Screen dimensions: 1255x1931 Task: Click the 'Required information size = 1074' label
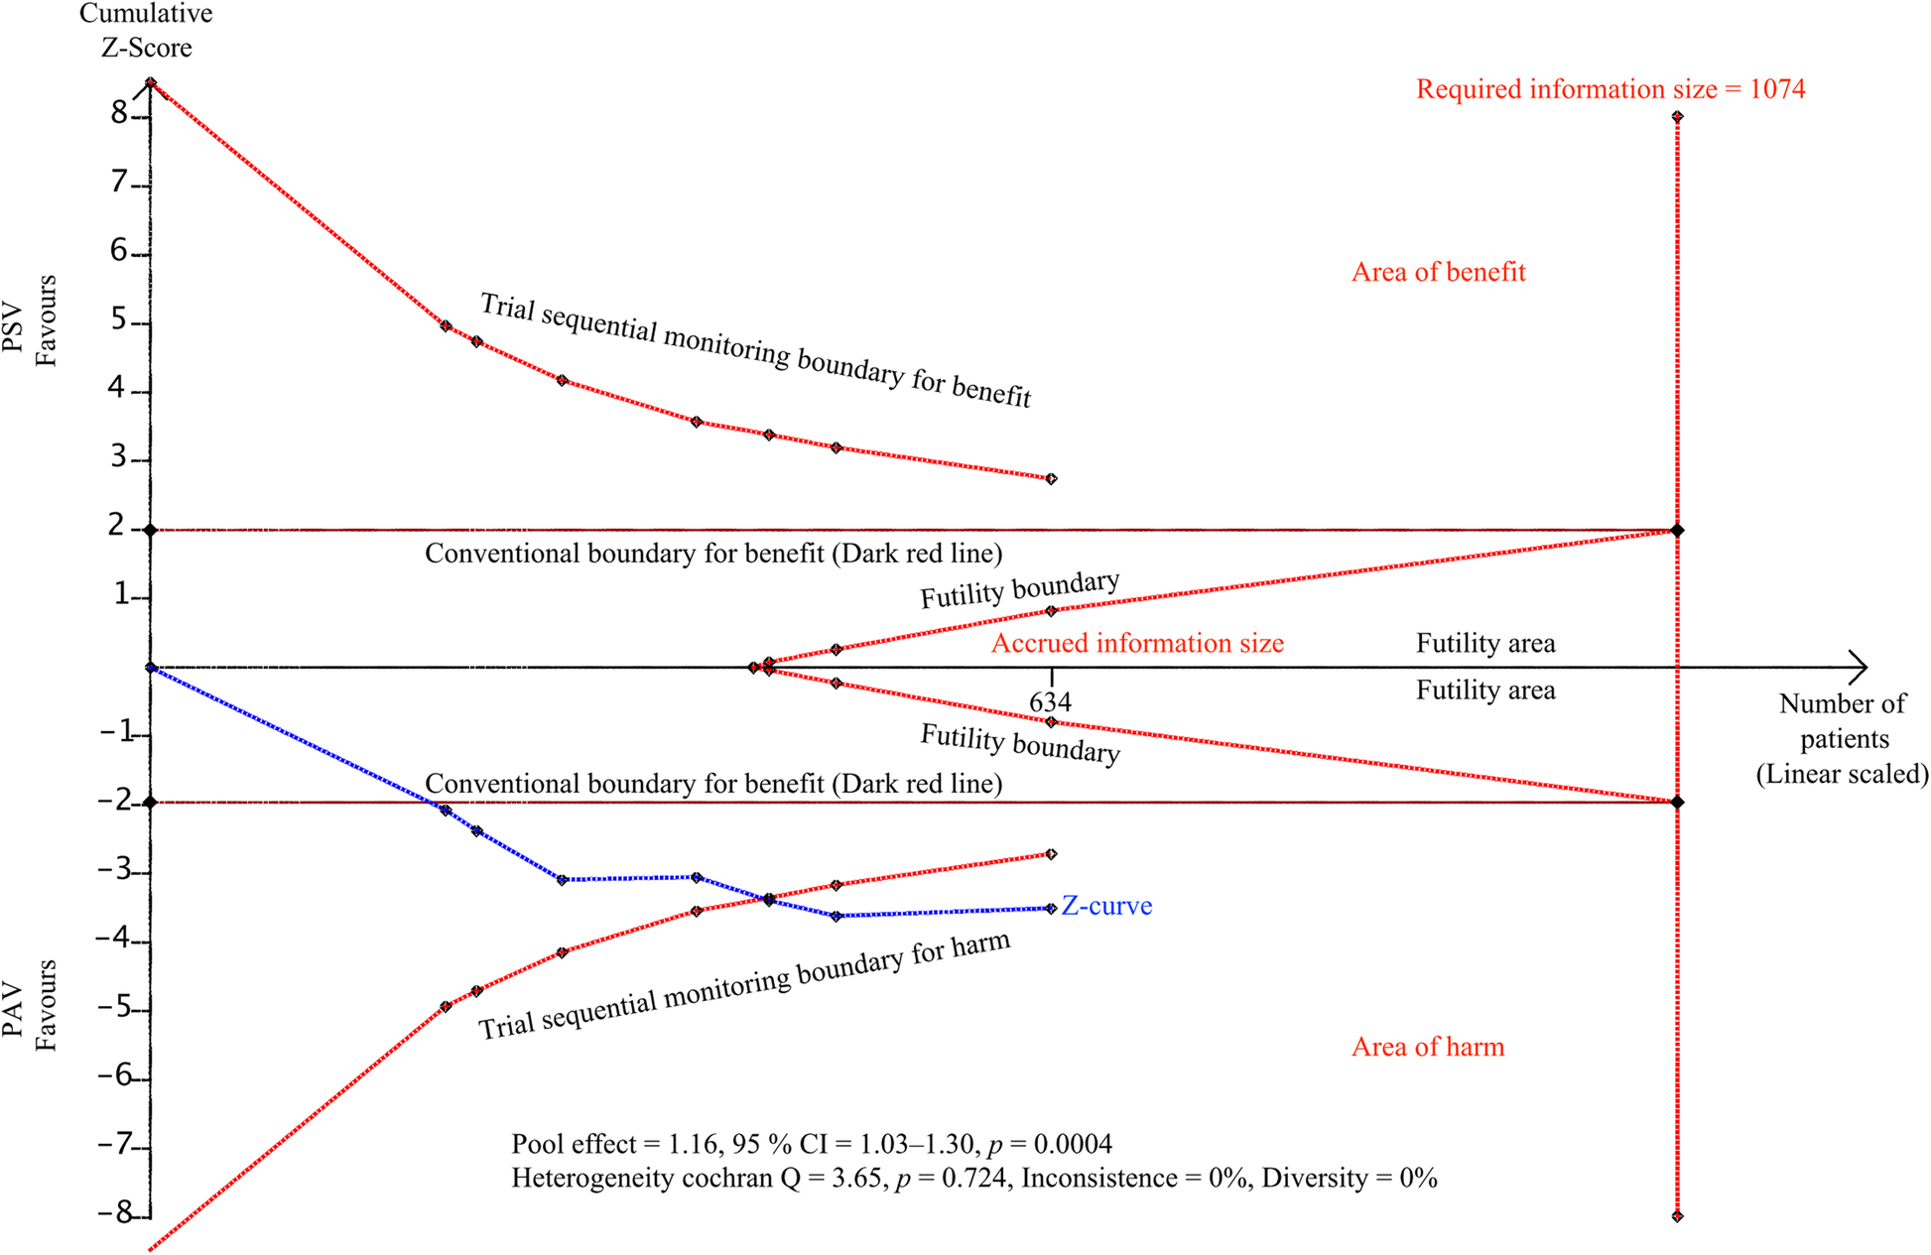(1609, 89)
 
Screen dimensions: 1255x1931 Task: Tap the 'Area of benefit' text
(1438, 272)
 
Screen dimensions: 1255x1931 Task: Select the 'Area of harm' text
(1427, 1047)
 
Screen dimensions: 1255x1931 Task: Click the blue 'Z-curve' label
(1106, 906)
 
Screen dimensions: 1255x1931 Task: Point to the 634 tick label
(1050, 702)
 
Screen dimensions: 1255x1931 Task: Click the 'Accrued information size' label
(1137, 643)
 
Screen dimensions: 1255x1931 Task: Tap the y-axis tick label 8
(120, 114)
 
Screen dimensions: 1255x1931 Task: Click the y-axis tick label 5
(120, 320)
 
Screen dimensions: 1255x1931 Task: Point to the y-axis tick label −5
(114, 1008)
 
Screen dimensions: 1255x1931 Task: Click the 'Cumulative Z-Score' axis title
(146, 31)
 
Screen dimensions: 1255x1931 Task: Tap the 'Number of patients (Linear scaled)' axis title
(1842, 739)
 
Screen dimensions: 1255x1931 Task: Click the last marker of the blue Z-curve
(1051, 909)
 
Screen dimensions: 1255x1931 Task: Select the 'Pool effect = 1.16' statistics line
(811, 1144)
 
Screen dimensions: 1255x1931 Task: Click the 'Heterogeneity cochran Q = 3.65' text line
(973, 1178)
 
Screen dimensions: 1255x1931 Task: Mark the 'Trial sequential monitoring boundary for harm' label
(744, 986)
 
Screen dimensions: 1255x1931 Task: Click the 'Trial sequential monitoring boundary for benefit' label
(756, 350)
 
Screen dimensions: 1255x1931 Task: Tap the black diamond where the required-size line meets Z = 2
(1677, 531)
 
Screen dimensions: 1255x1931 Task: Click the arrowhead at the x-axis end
(1858, 667)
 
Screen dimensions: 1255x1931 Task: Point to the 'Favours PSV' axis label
(31, 320)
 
